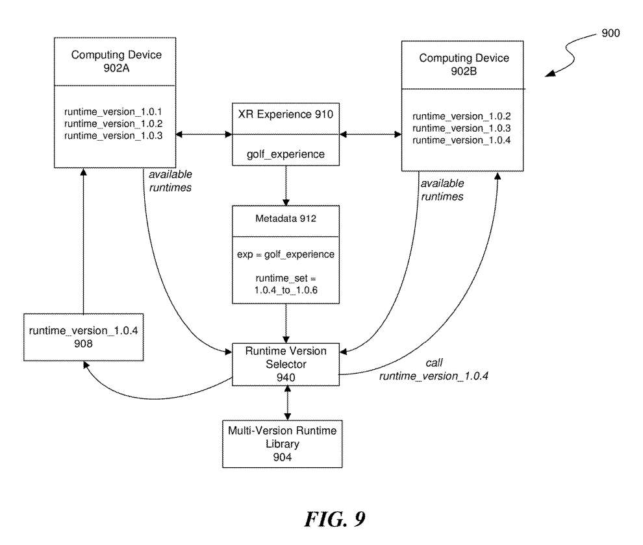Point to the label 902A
click(x=116, y=68)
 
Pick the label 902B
click(x=464, y=71)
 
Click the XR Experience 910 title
click(x=286, y=115)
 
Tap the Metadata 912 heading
click(x=286, y=219)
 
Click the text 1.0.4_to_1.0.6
click(x=286, y=291)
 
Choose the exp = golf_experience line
click(x=286, y=254)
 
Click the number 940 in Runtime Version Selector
click(x=286, y=376)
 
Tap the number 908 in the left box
click(x=83, y=344)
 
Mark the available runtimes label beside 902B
click(x=442, y=189)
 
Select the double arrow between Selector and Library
click(x=286, y=402)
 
